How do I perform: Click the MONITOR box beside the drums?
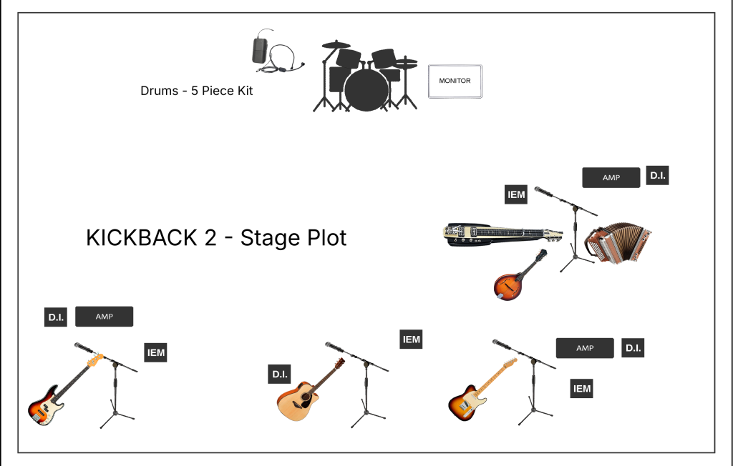(455, 81)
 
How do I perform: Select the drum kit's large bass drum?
(366, 89)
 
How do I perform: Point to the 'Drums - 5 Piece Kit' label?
(196, 91)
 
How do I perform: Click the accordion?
(618, 242)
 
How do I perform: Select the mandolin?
(520, 275)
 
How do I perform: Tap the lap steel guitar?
(503, 234)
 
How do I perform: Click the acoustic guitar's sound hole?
(306, 397)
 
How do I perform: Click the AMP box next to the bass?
(105, 317)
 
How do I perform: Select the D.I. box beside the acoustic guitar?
(280, 374)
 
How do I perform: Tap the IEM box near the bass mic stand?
(155, 352)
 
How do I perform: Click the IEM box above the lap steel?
(516, 194)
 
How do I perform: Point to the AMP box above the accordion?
(611, 178)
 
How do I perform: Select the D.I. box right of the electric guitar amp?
(633, 348)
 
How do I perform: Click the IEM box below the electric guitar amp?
(581, 389)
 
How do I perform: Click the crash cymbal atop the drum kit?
(336, 45)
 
